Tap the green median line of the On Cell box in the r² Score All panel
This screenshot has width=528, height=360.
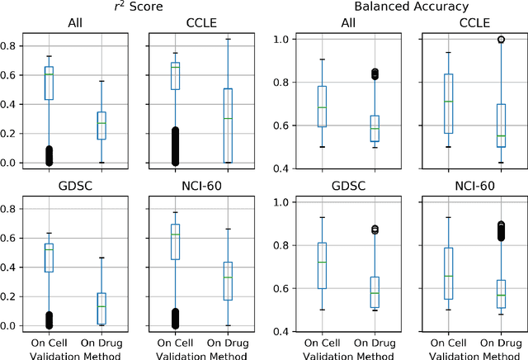coord(49,74)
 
